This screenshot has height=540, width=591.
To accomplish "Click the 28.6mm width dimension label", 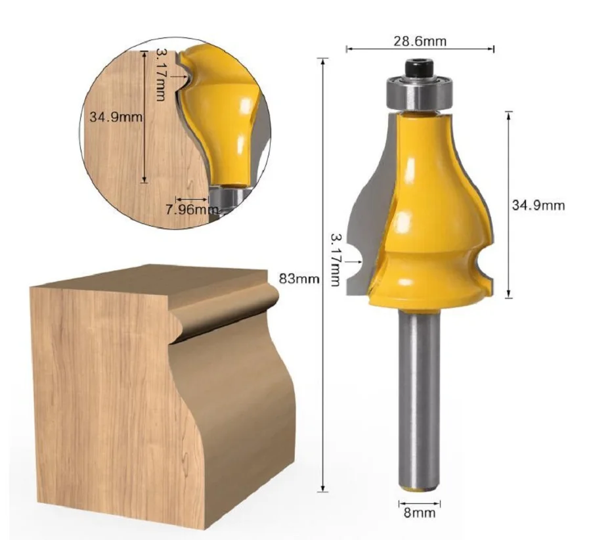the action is tap(420, 41).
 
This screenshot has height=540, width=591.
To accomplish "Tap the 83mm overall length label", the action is tap(299, 279).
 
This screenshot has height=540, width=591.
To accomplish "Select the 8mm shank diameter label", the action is tap(420, 513).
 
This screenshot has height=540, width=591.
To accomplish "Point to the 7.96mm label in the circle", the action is tap(192, 210).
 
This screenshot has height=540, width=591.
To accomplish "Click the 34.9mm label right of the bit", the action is tap(538, 205).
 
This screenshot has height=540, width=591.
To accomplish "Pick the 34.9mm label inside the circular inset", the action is tap(116, 117).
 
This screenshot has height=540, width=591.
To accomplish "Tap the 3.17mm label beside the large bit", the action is tap(336, 260).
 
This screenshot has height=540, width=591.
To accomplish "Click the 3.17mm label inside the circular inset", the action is tap(161, 75).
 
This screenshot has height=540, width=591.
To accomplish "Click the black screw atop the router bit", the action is tap(420, 68).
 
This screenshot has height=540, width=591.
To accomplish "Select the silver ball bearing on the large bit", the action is tap(420, 93).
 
